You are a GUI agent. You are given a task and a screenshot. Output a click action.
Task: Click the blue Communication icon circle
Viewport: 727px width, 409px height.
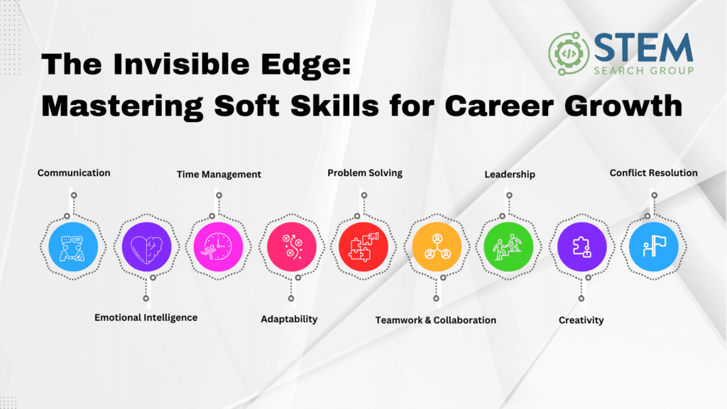[x=73, y=246]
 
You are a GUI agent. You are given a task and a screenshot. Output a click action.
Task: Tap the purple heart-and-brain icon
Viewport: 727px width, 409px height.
[x=146, y=246]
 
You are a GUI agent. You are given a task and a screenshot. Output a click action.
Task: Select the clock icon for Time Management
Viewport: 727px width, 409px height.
[x=219, y=246]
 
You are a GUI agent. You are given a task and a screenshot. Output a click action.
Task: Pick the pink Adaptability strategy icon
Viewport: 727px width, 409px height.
[x=292, y=246]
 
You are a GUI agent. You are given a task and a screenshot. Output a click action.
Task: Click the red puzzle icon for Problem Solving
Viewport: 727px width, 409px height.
[x=363, y=246]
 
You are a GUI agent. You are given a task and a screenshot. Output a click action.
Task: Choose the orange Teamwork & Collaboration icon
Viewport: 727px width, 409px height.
[x=437, y=246]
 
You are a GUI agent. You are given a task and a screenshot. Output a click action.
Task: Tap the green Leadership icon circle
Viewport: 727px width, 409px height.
[x=508, y=246]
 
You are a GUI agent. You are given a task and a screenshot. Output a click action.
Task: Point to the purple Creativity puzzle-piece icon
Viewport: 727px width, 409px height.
[x=582, y=246]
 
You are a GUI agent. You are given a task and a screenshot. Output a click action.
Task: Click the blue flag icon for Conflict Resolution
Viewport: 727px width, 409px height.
[x=654, y=246]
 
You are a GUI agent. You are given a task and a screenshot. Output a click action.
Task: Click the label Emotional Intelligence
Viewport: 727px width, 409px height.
[x=146, y=317]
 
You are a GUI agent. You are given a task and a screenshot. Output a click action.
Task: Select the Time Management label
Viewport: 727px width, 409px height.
[x=219, y=175]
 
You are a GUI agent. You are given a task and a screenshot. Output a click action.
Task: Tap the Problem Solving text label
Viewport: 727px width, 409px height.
[x=365, y=173]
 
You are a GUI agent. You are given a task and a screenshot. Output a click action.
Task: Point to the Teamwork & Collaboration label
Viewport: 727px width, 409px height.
[x=436, y=320]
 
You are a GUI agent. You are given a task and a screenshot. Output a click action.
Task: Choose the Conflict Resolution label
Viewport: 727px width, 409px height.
[x=653, y=173]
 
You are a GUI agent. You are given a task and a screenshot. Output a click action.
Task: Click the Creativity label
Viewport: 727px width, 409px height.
[x=581, y=320]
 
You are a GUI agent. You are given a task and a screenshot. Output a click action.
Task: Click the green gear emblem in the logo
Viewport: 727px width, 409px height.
[x=569, y=54]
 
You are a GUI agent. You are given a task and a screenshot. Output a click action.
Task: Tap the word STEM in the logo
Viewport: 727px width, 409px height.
[x=643, y=48]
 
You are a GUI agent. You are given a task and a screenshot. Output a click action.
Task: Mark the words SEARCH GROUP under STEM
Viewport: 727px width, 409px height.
[x=643, y=71]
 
